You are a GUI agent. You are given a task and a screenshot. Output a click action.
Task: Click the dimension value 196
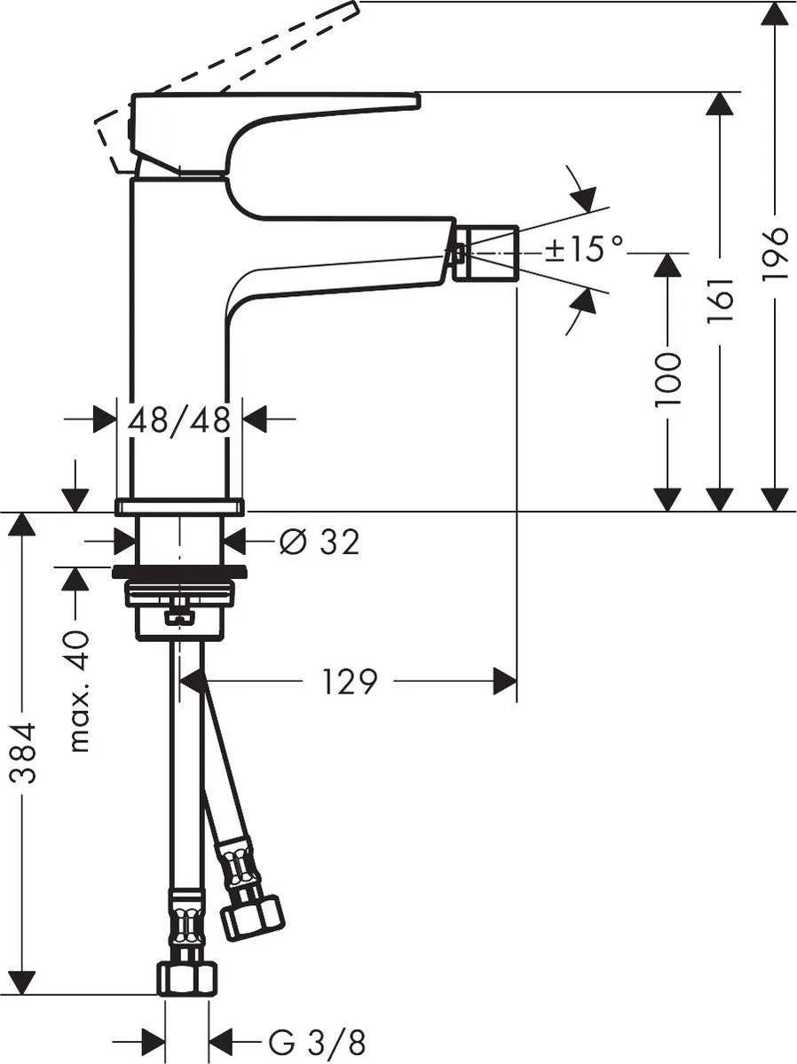(776, 254)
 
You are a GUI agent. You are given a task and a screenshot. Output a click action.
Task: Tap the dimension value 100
(667, 379)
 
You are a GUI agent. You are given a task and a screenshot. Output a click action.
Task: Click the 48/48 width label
(180, 419)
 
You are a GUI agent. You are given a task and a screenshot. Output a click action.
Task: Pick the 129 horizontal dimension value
(351, 682)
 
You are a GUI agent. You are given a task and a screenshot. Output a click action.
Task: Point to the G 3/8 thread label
(317, 1040)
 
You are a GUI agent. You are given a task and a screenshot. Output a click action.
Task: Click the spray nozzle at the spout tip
(486, 253)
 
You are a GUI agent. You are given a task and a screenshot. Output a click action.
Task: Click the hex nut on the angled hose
(251, 914)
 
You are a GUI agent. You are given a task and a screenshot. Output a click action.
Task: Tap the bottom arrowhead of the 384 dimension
(23, 982)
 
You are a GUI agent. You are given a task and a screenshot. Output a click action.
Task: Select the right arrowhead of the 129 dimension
(504, 682)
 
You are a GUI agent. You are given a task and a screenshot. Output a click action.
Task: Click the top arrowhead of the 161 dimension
(721, 105)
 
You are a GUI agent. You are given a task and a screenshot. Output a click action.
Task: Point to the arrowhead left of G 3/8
(154, 1039)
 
